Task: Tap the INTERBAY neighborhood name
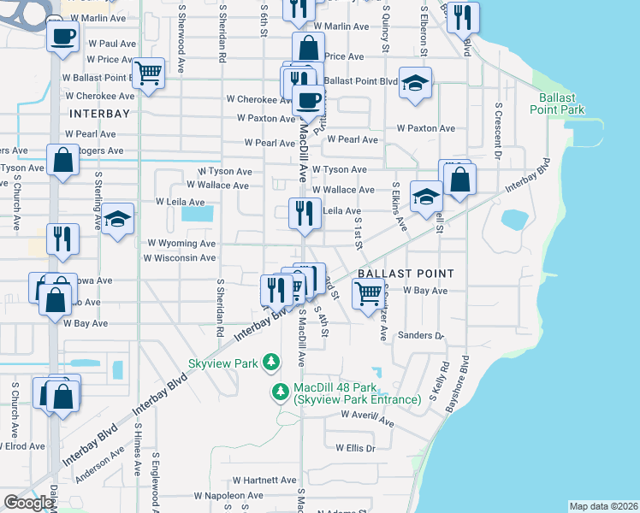[99, 113]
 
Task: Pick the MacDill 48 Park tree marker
[280, 392]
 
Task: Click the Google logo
[28, 503]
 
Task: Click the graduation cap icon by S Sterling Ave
[119, 217]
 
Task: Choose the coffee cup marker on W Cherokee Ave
[308, 99]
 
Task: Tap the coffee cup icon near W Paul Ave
[64, 37]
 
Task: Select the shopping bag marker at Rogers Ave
[64, 160]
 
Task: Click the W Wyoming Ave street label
[182, 244]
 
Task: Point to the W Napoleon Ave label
[226, 495]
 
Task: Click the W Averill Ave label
[366, 416]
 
